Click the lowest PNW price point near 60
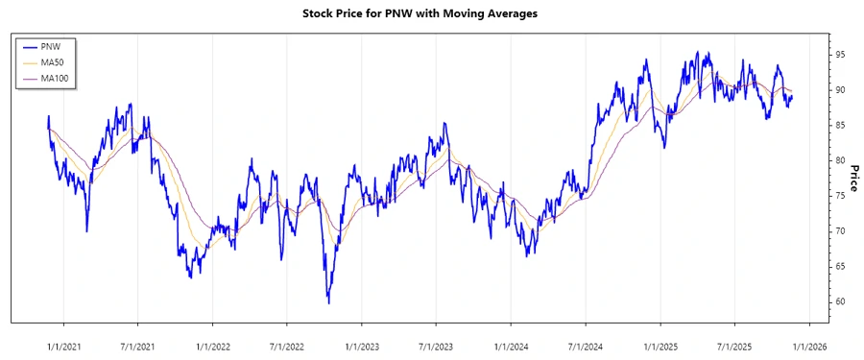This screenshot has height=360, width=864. pos(328,303)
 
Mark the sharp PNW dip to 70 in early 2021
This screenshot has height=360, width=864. pos(86,230)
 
